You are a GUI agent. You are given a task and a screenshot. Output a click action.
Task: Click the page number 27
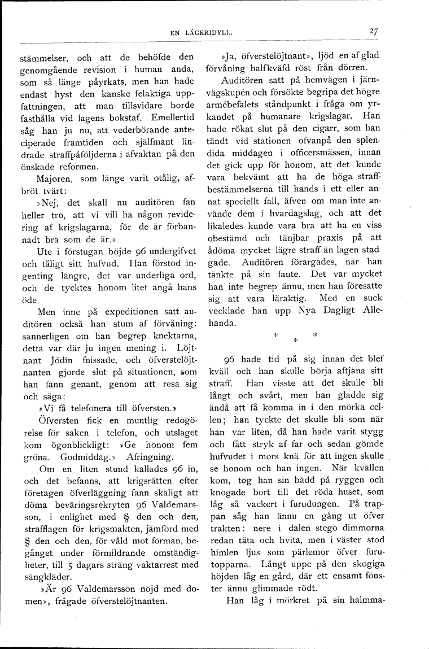click(x=372, y=32)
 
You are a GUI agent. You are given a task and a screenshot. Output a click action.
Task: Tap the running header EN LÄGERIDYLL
click(x=202, y=33)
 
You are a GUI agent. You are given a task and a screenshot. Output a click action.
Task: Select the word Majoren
click(x=54, y=179)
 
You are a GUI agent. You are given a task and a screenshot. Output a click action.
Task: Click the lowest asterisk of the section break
click(x=294, y=341)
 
